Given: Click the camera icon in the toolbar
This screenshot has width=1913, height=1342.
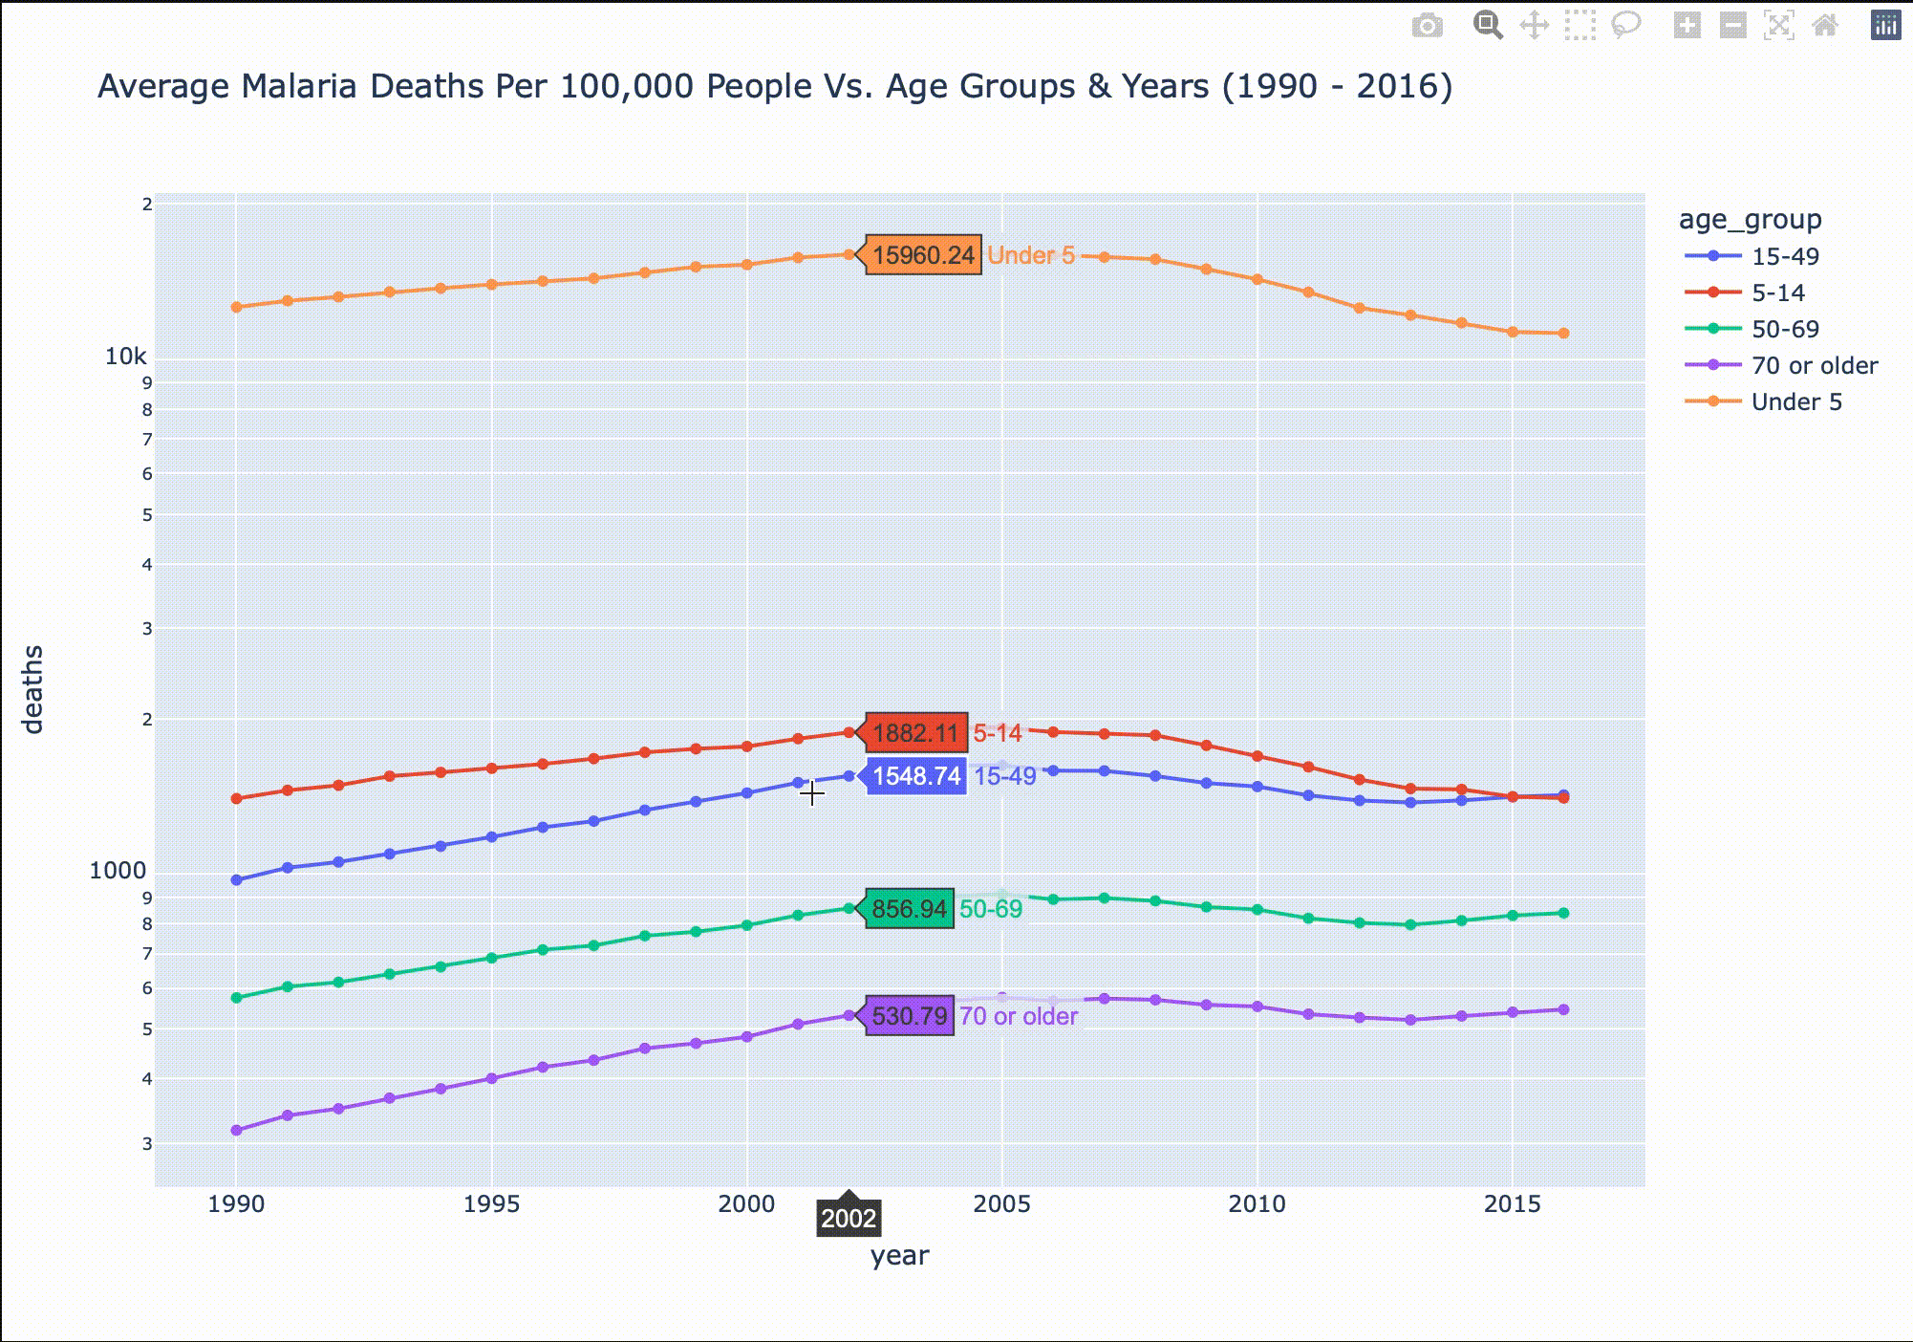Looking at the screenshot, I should click(x=1428, y=26).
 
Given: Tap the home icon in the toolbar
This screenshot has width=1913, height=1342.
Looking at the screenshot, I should click(x=1825, y=26).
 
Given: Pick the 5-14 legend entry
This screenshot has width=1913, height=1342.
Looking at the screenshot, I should click(x=1777, y=293).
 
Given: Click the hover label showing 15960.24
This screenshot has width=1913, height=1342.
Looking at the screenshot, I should click(x=923, y=255).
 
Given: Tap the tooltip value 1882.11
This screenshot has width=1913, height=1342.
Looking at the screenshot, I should click(x=915, y=733).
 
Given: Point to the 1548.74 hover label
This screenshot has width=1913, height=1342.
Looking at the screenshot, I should click(x=916, y=776).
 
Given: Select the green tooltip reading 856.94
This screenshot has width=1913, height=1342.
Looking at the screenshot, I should click(x=909, y=909).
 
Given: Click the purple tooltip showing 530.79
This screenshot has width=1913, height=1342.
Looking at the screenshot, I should click(x=909, y=1015).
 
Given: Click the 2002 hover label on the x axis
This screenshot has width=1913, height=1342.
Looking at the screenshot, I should click(x=849, y=1219).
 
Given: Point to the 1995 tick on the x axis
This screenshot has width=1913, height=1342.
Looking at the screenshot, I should click(x=491, y=1204).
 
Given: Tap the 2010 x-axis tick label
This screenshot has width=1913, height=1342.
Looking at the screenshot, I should click(x=1257, y=1204).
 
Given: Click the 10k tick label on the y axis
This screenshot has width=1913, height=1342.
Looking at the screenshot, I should click(x=126, y=357).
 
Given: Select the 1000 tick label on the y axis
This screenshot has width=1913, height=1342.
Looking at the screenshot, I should click(x=118, y=871).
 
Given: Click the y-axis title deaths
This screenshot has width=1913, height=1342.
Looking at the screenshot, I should click(x=33, y=689).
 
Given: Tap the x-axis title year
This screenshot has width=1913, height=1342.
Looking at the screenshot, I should click(x=899, y=1256).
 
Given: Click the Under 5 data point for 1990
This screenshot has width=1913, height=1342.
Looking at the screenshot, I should click(x=237, y=307).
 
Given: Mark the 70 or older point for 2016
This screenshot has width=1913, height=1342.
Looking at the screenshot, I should click(x=1563, y=1009).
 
